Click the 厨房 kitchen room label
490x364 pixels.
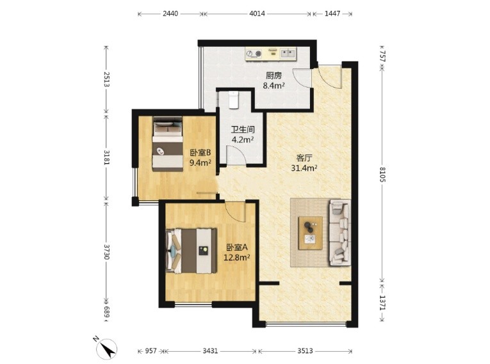pyautogui.click(x=274, y=75)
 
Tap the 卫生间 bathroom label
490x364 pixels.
pyautogui.click(x=243, y=129)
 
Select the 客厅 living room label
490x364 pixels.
pyautogui.click(x=304, y=158)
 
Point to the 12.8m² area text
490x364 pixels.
pyautogui.click(x=237, y=257)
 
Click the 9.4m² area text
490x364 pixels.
pyautogui.click(x=200, y=162)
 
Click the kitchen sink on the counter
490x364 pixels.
pyautogui.click(x=288, y=53)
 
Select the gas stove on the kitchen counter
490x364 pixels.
pyautogui.click(x=254, y=53)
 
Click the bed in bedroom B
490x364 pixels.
pyautogui.click(x=168, y=144)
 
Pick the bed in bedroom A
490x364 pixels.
pyautogui.click(x=192, y=251)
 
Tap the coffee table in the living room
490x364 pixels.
pyautogui.click(x=310, y=233)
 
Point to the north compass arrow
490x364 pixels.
pyautogui.click(x=108, y=349)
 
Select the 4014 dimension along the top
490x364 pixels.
pyautogui.click(x=257, y=13)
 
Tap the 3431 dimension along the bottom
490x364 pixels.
pyautogui.click(x=210, y=351)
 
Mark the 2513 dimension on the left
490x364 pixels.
pyautogui.click(x=106, y=79)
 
